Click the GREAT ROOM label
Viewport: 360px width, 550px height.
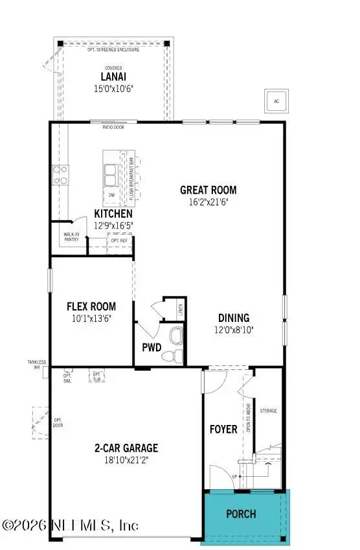click(x=208, y=190)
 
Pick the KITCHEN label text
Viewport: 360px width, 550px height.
click(x=113, y=214)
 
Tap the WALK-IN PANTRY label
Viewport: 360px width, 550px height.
click(x=71, y=237)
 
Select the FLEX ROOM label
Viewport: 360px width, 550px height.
click(x=92, y=306)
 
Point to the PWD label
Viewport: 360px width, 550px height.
click(x=152, y=347)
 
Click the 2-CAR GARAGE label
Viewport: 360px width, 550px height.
click(x=126, y=448)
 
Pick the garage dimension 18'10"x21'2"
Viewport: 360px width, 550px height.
click(x=126, y=460)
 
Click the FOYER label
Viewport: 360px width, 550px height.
click(x=224, y=429)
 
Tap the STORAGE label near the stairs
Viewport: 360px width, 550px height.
click(x=268, y=411)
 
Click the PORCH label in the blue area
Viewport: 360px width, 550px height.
click(x=240, y=514)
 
